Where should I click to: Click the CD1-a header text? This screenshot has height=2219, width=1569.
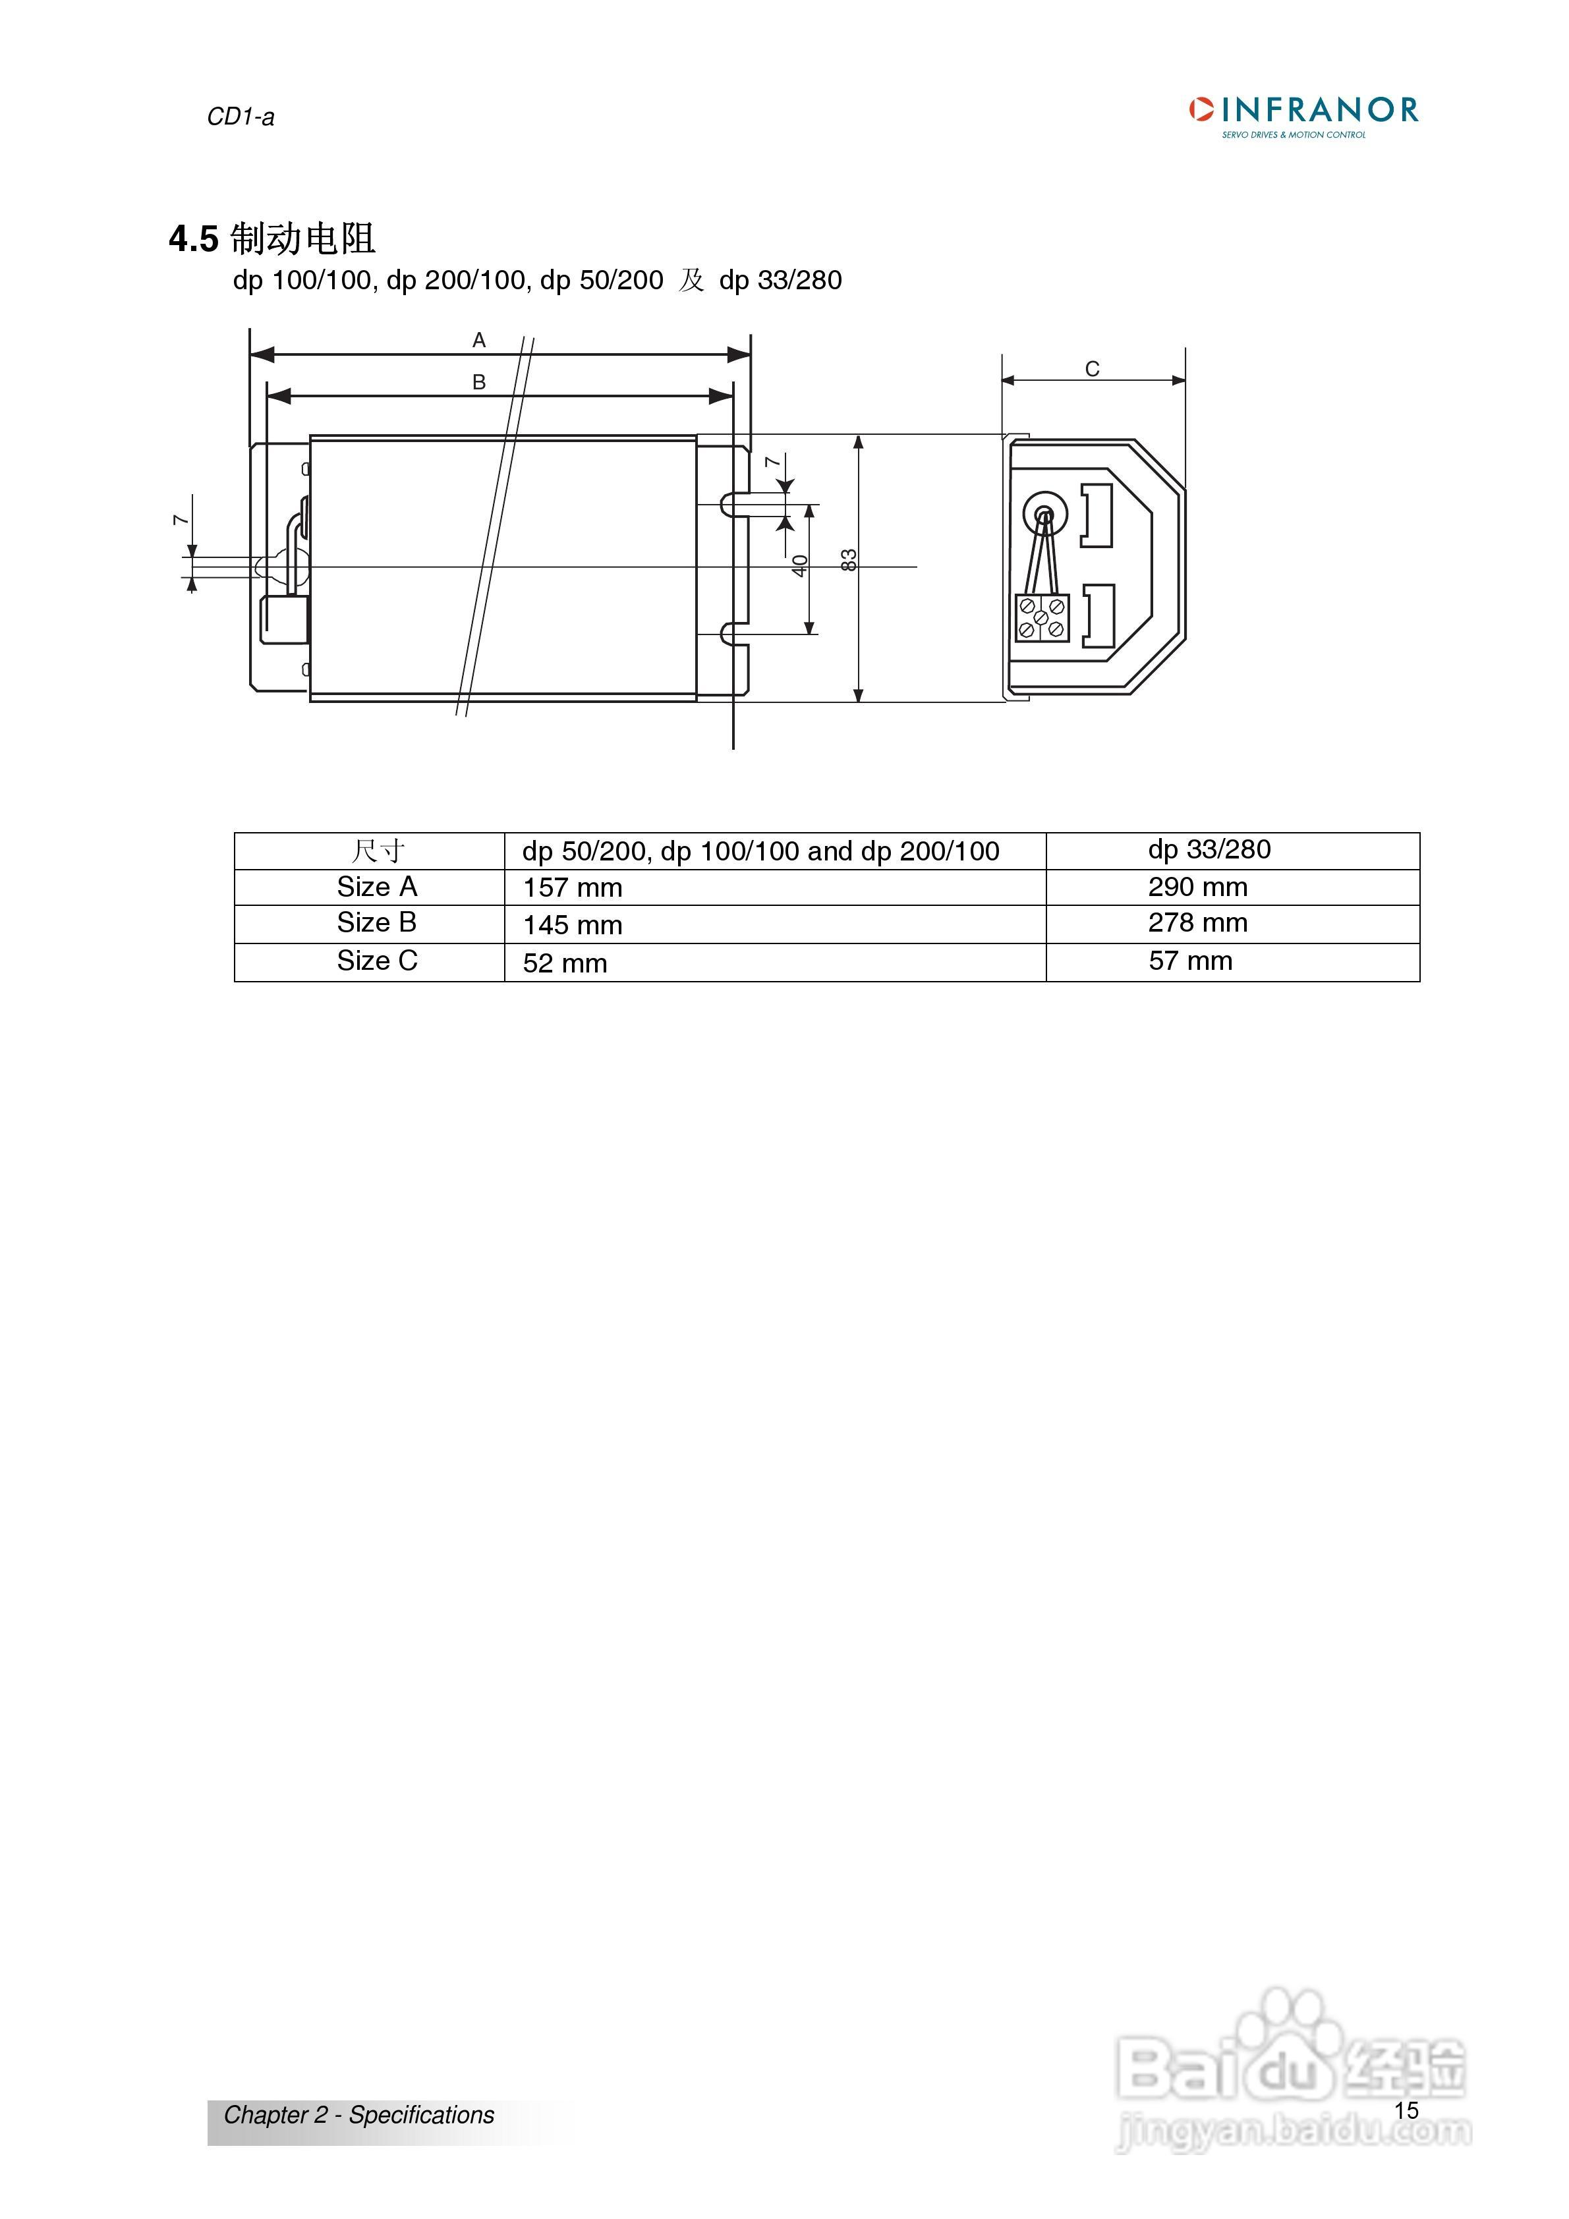(x=241, y=117)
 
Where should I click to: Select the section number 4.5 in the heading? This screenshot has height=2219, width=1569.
(x=193, y=239)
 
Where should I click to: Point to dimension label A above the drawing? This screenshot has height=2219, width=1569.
(x=478, y=340)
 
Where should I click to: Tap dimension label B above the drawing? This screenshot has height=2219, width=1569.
(x=478, y=383)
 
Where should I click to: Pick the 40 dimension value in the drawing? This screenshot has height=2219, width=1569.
(x=799, y=565)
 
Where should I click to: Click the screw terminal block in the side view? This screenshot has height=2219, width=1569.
(x=1041, y=617)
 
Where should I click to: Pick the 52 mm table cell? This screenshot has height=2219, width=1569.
(x=565, y=963)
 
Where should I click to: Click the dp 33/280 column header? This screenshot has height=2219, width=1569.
(x=1209, y=849)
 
